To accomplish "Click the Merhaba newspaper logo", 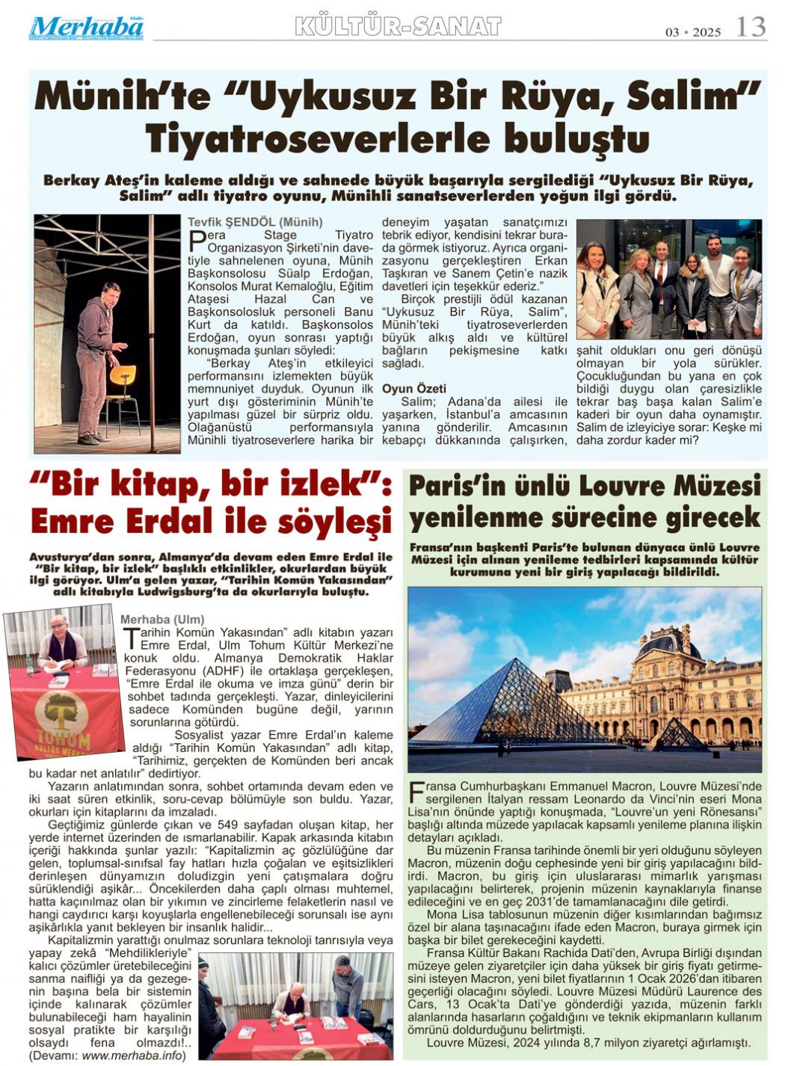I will (86, 28).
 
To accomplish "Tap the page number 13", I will (750, 27).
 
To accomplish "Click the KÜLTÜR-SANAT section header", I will (398, 26).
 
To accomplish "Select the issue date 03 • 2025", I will (693, 31).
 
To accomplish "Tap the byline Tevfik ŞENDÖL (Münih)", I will (255, 222).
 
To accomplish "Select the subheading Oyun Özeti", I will (413, 389).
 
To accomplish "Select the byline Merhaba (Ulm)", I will (161, 619).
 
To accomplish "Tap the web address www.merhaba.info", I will (132, 1056).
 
